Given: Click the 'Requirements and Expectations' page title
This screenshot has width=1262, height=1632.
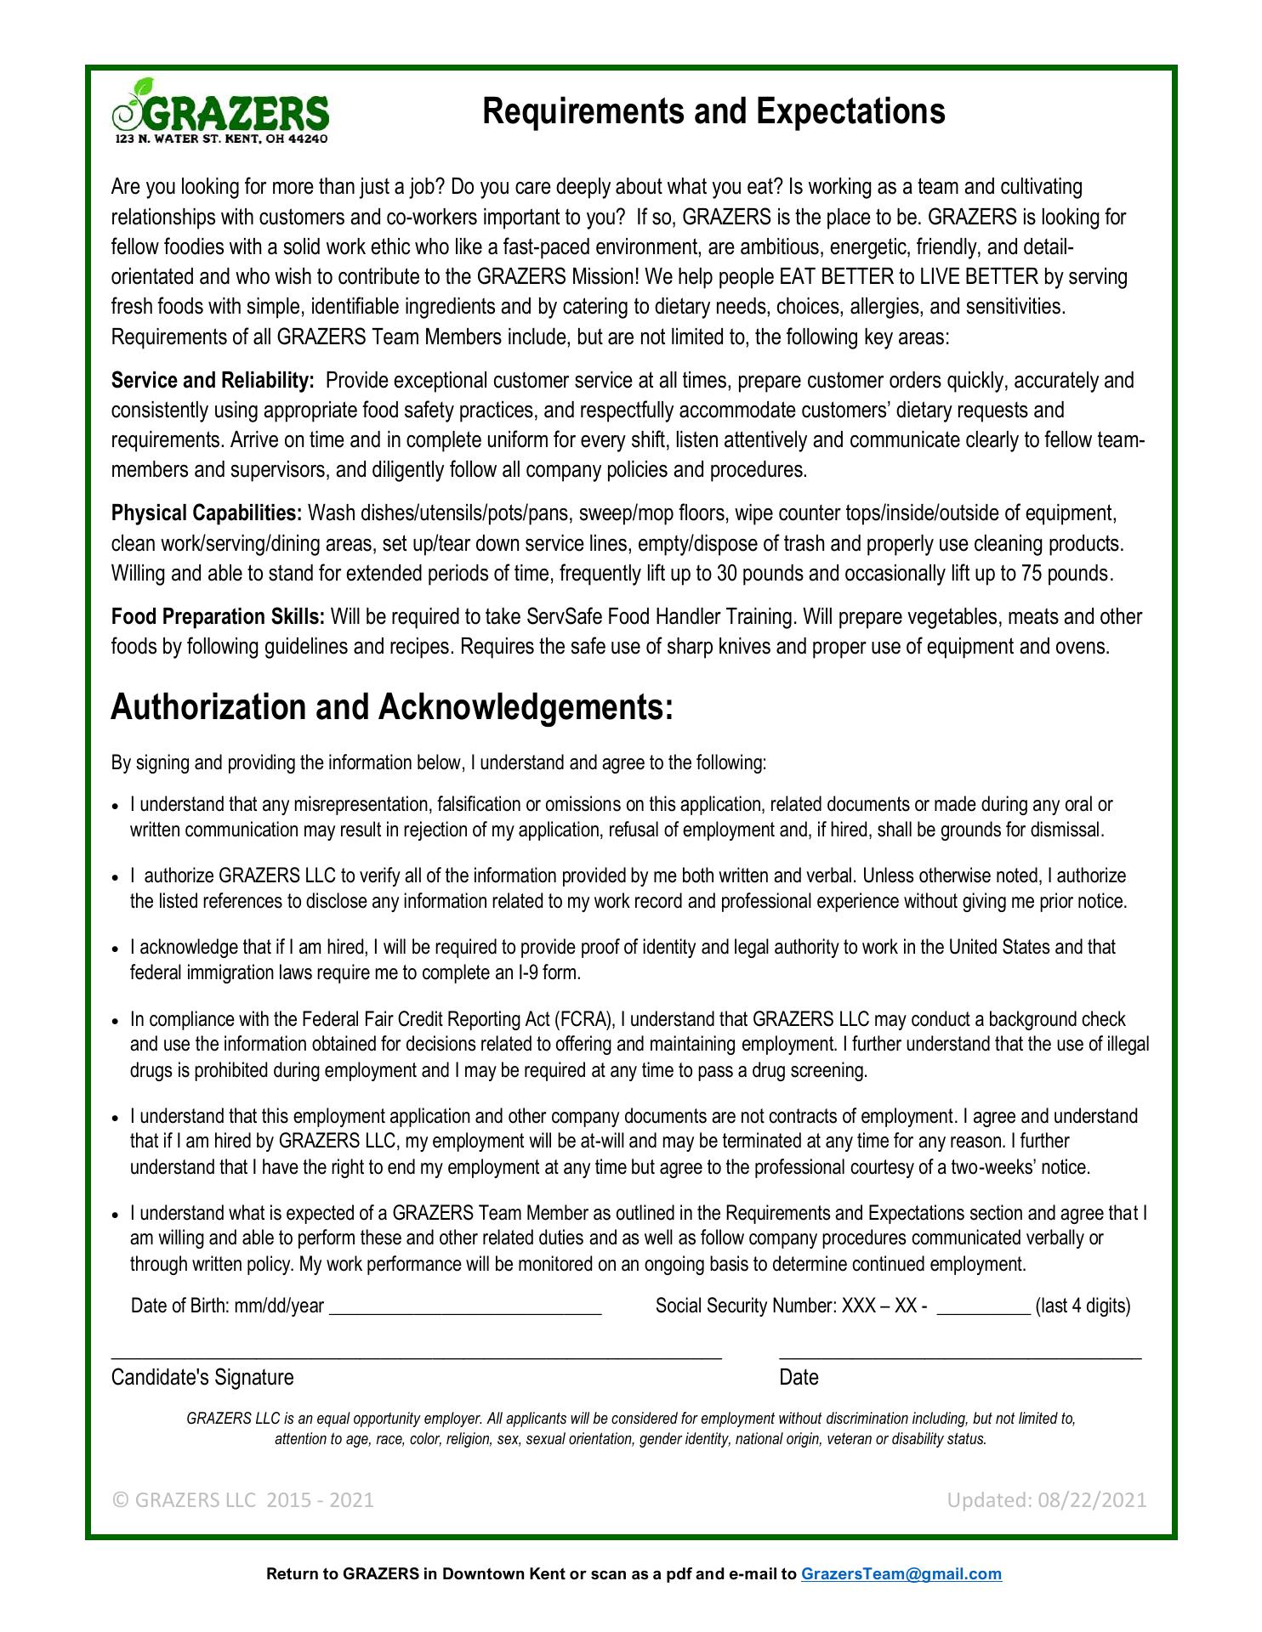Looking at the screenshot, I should [713, 111].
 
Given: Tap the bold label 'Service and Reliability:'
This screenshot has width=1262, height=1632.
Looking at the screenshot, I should [213, 380].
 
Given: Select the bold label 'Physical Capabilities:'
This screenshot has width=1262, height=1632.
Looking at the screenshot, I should [207, 513].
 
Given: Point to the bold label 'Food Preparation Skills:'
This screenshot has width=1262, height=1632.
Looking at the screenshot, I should [218, 616].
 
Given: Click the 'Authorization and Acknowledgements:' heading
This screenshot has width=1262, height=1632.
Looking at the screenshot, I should [392, 707].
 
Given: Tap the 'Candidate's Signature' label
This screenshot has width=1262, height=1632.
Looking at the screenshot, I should [202, 1377].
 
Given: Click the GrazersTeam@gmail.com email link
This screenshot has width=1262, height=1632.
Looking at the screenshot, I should [901, 1573].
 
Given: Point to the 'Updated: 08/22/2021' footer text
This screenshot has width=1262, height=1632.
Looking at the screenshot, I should [1047, 1499].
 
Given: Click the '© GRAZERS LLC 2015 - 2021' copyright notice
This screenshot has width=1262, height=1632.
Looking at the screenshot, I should [242, 1499].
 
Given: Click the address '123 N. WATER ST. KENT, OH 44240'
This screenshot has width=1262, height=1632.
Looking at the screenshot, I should [221, 139].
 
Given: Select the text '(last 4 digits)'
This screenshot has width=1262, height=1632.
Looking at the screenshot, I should [1083, 1306].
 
